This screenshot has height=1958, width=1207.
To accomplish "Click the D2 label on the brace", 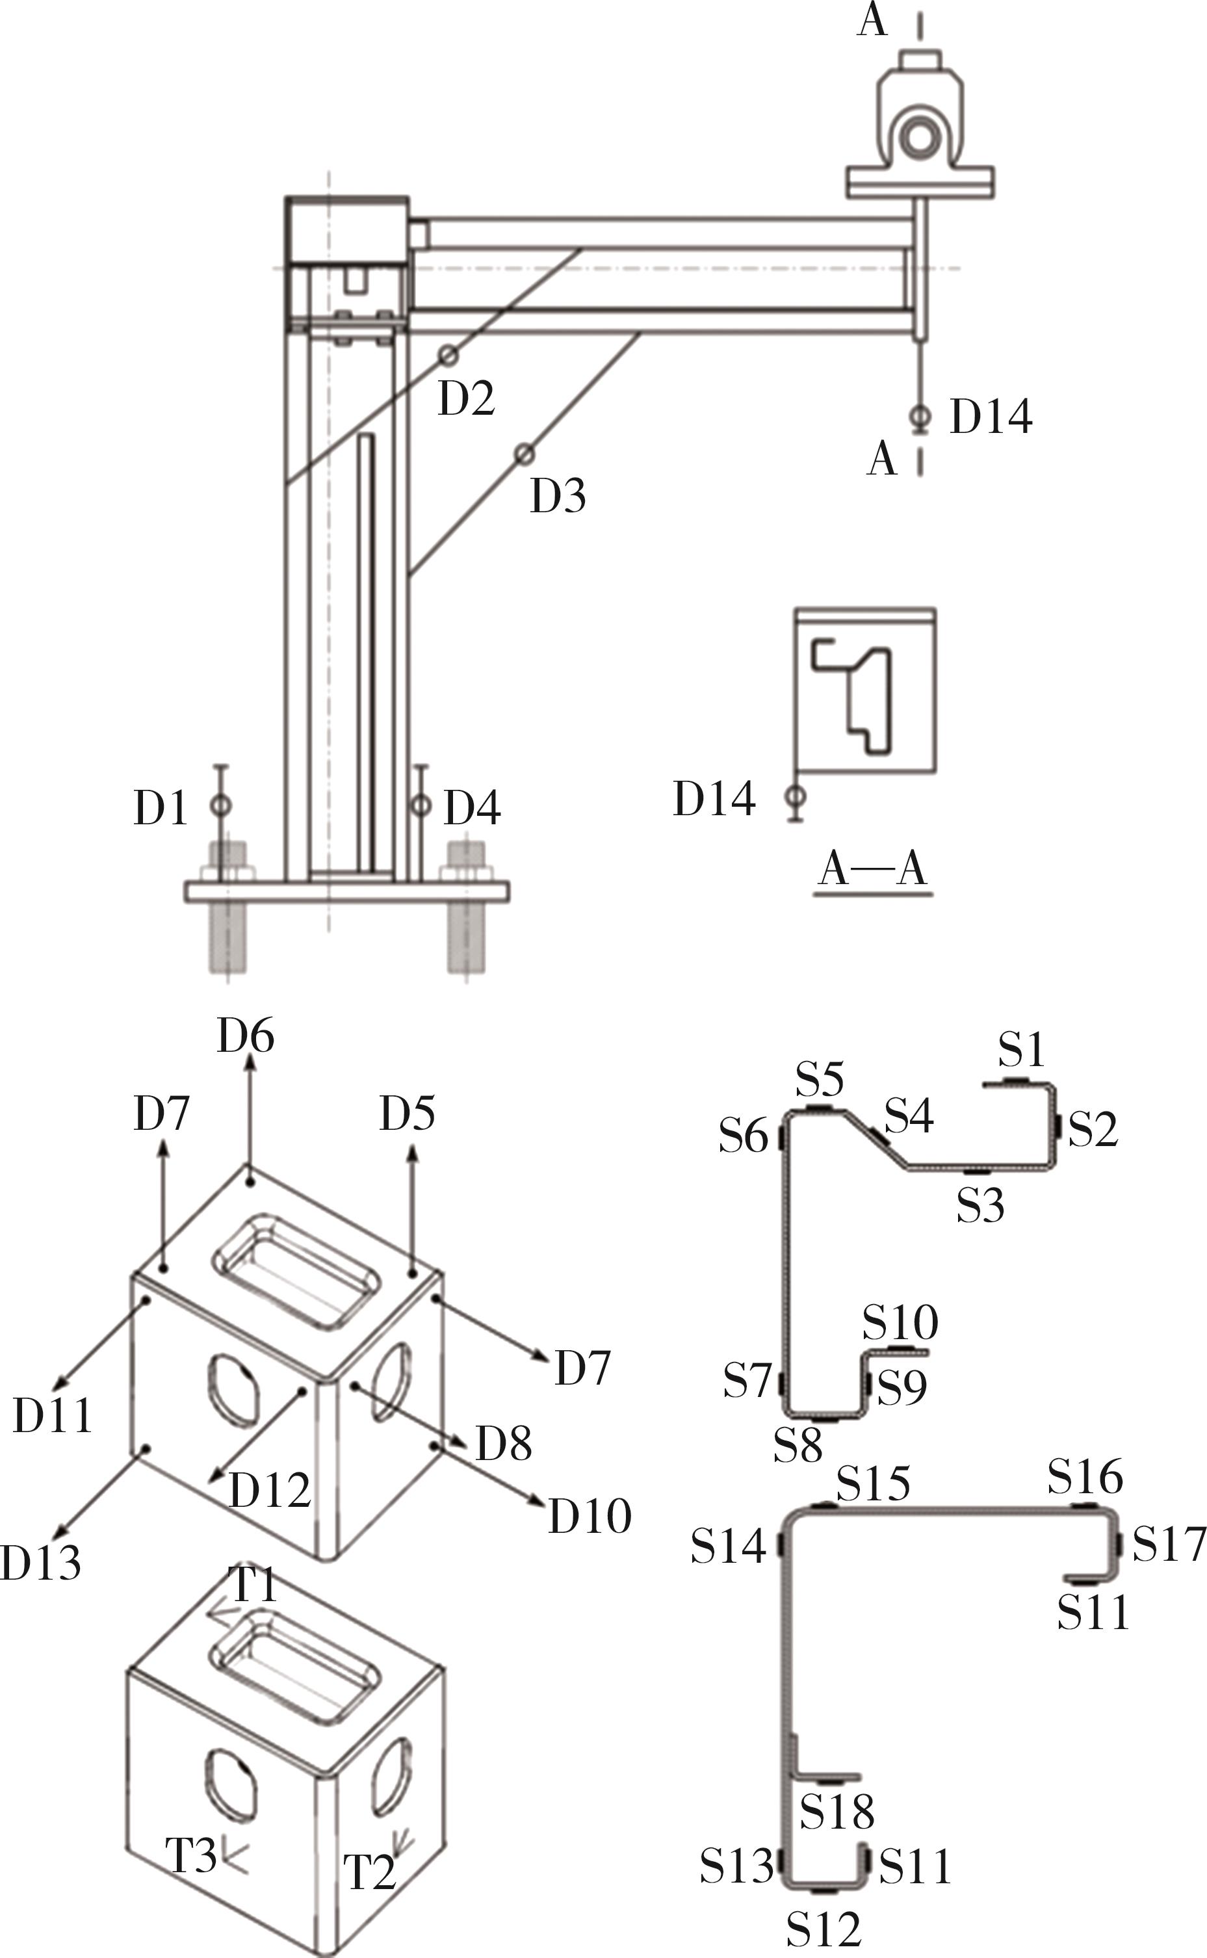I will pyautogui.click(x=466, y=398).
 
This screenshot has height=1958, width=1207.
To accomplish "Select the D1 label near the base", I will pyautogui.click(x=161, y=808).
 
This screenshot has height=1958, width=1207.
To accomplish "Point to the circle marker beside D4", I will pyautogui.click(x=421, y=805).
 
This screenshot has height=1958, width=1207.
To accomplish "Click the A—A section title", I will pyautogui.click(x=874, y=869).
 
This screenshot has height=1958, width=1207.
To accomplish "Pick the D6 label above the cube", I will pyautogui.click(x=246, y=1036).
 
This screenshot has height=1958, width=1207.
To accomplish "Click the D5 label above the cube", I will pyautogui.click(x=407, y=1114).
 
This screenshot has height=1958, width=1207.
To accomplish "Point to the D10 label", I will pyautogui.click(x=589, y=1515).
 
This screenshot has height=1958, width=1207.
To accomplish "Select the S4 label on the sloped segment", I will pyautogui.click(x=909, y=1115).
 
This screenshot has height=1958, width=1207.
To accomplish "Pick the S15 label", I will pyautogui.click(x=874, y=1483).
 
